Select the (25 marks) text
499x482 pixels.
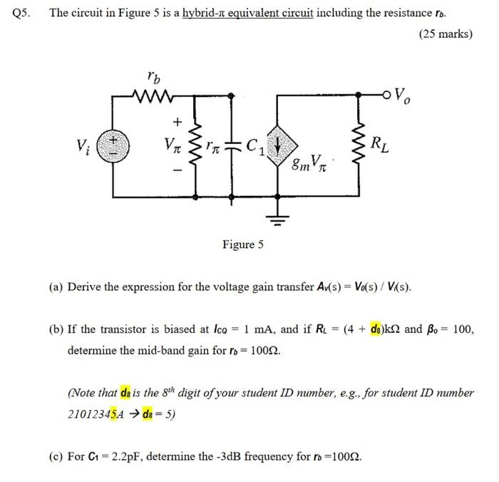(446, 34)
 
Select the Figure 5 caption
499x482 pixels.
(242, 245)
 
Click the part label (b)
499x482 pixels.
(56, 329)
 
